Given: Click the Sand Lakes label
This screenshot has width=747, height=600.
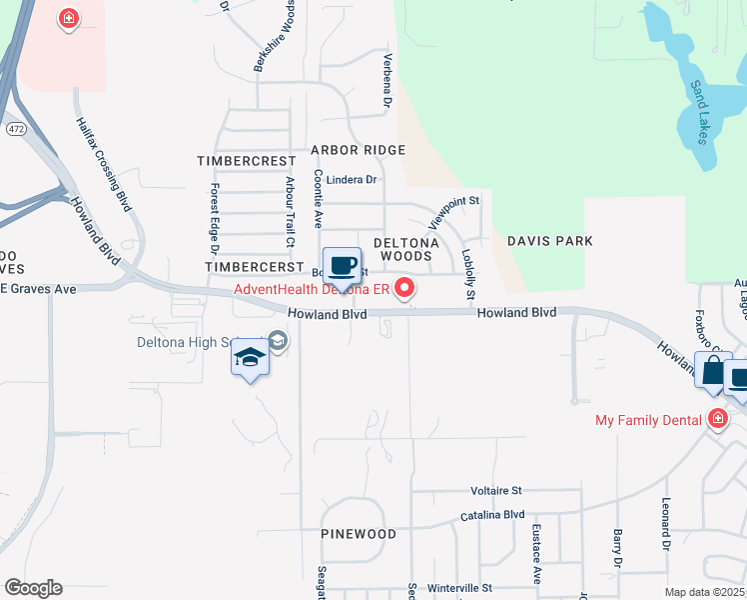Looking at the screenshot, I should click(x=699, y=110).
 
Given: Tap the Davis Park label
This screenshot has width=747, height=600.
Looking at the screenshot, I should click(x=549, y=241).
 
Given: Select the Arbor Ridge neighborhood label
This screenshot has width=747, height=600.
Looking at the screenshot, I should click(x=358, y=150).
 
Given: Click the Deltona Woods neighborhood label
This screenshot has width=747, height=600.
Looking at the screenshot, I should click(x=402, y=249).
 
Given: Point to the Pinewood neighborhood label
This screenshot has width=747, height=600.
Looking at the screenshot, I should click(x=359, y=534).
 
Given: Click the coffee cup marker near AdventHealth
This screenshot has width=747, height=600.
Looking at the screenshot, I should click(x=342, y=267).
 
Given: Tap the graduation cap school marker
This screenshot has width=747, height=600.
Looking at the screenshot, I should click(x=250, y=359).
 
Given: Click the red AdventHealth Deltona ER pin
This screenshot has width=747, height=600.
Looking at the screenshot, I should click(x=404, y=290).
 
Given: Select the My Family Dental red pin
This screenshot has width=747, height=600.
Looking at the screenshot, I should click(x=716, y=420).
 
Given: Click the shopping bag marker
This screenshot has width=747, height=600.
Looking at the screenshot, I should click(x=713, y=372).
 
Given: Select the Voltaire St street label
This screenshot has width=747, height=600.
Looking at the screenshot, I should click(x=496, y=491).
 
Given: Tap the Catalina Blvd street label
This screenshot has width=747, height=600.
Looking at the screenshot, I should click(x=492, y=515).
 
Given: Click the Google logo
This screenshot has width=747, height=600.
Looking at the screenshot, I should click(x=33, y=588).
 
